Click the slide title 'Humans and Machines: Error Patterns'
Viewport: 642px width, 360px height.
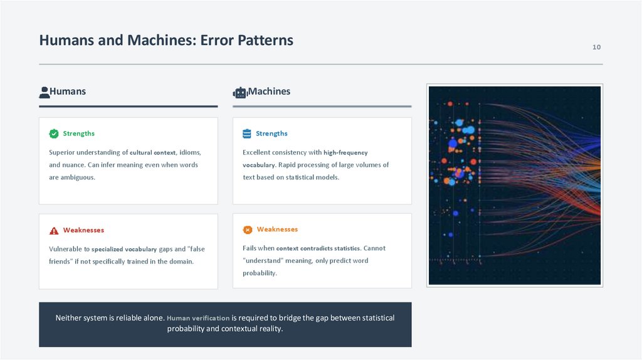point(166,41)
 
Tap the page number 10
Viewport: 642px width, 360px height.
point(596,48)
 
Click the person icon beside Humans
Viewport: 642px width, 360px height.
point(44,92)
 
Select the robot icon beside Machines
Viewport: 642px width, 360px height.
point(239,93)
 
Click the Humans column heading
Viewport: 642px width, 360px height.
point(68,92)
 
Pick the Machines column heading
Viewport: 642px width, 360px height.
point(269,92)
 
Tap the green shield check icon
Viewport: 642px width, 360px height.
point(54,134)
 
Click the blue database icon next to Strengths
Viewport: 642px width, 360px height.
point(247,134)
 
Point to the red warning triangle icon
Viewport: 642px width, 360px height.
point(54,230)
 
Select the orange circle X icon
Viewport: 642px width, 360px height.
point(248,230)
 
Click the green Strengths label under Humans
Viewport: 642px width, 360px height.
point(78,134)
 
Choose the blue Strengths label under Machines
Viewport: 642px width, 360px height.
point(271,134)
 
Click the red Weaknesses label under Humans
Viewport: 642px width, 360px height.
point(83,230)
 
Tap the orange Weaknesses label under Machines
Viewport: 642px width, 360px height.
point(277,230)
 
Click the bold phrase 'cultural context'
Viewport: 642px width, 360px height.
point(153,152)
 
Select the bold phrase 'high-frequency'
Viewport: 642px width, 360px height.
point(345,152)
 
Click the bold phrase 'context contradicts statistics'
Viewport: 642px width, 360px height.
point(318,248)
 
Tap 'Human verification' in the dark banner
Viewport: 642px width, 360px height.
point(198,318)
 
